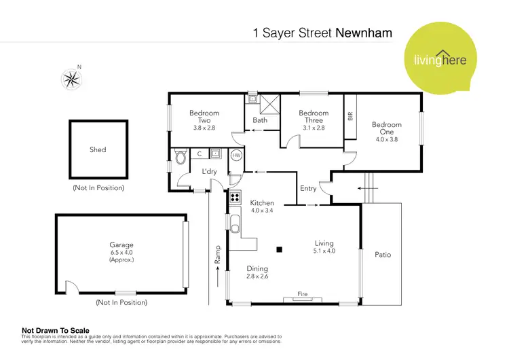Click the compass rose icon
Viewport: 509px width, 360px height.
point(71,79)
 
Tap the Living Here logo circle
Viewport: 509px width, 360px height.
point(438,56)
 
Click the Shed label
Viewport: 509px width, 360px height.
point(98,149)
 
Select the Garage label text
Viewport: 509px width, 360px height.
point(121,245)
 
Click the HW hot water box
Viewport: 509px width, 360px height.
point(236,155)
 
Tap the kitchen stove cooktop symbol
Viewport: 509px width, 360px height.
point(234,198)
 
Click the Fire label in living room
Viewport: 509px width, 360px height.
point(303,294)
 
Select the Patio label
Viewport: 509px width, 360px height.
point(383,255)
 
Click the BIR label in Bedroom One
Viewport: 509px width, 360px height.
point(351,116)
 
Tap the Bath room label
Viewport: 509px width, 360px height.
point(260,120)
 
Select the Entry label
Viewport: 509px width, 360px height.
point(308,188)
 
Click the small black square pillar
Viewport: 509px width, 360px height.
point(278,248)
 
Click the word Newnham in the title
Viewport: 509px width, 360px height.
point(364,32)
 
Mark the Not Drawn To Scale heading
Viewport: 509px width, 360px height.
point(55,331)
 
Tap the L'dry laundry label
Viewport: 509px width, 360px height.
point(208,172)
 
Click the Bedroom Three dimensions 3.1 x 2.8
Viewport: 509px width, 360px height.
point(313,127)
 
